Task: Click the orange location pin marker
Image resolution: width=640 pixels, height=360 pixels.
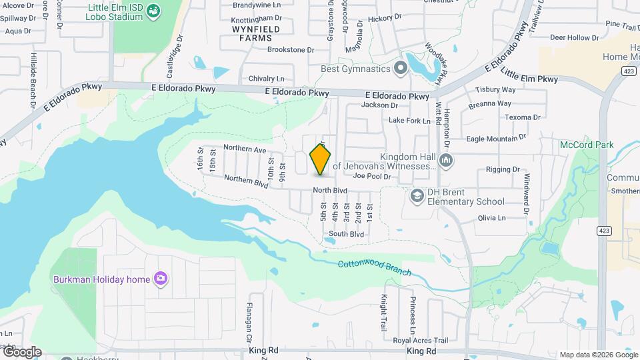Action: click(321, 159)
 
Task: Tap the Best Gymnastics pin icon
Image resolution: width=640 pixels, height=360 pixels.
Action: click(400, 68)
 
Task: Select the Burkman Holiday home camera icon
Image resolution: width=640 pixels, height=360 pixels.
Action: click(160, 279)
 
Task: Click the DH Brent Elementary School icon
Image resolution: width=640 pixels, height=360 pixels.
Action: click(417, 195)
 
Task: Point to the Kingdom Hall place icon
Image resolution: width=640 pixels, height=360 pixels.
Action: click(447, 160)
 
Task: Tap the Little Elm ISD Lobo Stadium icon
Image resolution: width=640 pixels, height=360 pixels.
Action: click(153, 11)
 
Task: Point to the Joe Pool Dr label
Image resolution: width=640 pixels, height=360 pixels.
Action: click(371, 176)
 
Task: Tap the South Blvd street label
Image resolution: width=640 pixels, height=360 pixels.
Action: click(346, 234)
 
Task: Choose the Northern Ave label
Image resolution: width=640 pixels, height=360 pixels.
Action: click(245, 149)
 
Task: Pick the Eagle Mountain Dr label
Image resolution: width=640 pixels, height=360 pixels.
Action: click(491, 139)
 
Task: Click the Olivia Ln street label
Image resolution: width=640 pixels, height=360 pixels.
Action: click(492, 218)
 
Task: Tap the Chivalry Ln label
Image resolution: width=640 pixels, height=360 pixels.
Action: click(266, 79)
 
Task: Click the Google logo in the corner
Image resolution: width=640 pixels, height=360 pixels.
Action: click(21, 351)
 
